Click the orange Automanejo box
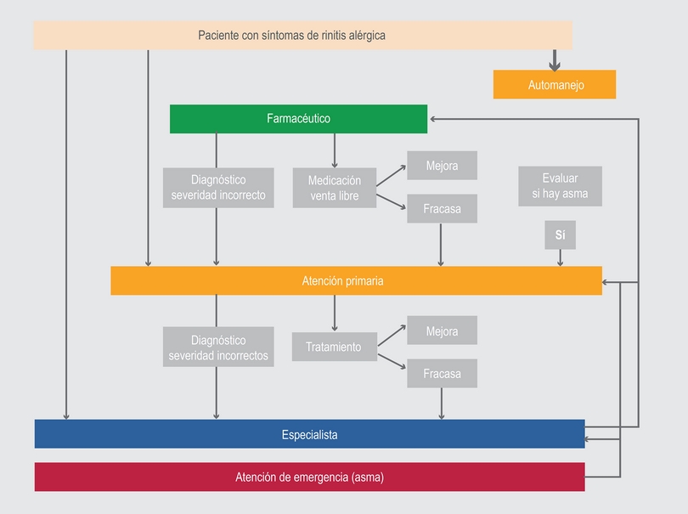(555, 85)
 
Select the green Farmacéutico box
(298, 119)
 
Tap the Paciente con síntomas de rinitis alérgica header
(302, 35)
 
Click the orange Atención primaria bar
(356, 280)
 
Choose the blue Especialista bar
(309, 434)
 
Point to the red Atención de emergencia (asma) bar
(309, 477)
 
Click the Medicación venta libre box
(335, 188)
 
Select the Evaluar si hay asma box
(560, 186)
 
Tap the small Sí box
(560, 234)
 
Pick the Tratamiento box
(335, 347)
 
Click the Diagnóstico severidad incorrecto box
(218, 188)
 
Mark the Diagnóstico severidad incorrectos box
(218, 347)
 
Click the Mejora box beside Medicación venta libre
(442, 166)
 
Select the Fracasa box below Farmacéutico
(442, 208)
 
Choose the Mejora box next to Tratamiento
(442, 330)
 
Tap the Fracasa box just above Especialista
(442, 373)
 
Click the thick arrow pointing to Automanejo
(555, 60)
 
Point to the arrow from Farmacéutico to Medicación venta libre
(335, 150)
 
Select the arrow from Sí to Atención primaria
(560, 258)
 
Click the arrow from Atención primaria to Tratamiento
(335, 313)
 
